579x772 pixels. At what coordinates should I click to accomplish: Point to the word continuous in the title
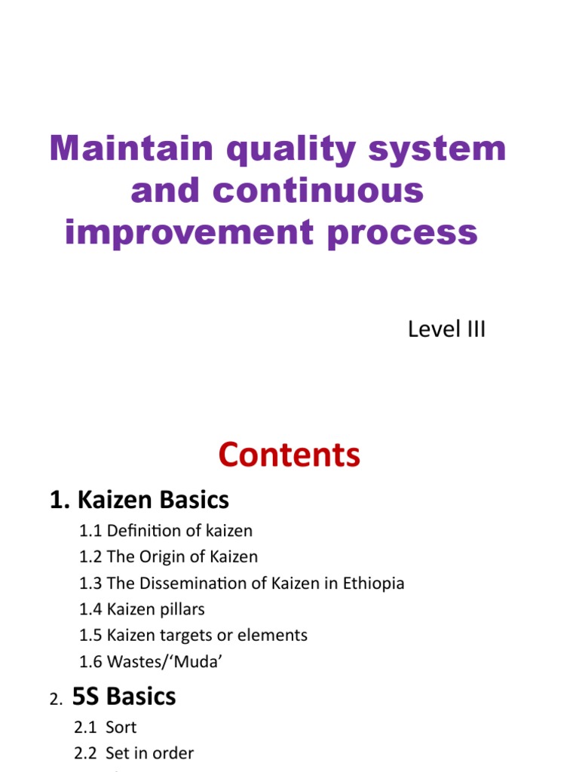pos(318,191)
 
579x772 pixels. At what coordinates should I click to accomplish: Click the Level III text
pos(446,329)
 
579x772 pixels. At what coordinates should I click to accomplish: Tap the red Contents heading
pos(289,455)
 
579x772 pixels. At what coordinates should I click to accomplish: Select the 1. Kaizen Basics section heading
pos(139,499)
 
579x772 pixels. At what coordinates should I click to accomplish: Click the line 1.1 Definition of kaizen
pos(166,531)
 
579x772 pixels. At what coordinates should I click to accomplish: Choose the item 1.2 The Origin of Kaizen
pos(168,557)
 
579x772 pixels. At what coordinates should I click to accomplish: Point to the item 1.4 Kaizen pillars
pos(142,609)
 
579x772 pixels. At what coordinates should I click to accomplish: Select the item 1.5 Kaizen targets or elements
pos(193,636)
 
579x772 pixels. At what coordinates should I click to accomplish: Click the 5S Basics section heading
pos(124,696)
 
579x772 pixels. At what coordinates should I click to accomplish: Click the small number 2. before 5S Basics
pos(57,700)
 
